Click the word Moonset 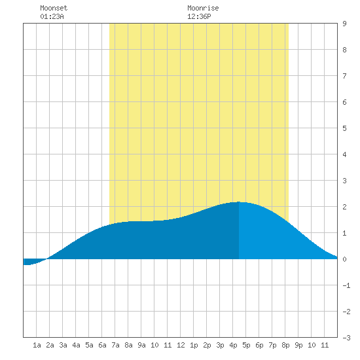(x=54, y=8)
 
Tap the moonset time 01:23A (x=52, y=16)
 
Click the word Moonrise (x=203, y=8)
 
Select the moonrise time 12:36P (x=199, y=16)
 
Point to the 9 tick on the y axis (x=344, y=24)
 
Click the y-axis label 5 (x=344, y=128)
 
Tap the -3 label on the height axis (x=346, y=338)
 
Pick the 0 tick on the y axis (x=344, y=259)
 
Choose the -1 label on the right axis (x=346, y=285)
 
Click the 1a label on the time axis (x=37, y=345)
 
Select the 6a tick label (x=102, y=345)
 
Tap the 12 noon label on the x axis (x=181, y=345)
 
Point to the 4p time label (x=233, y=345)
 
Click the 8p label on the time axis (x=285, y=345)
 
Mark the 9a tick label (x=141, y=345)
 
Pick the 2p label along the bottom (x=207, y=345)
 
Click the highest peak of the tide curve (x=239, y=202)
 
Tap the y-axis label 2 (x=344, y=207)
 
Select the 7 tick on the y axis (x=344, y=76)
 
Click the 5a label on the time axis (x=89, y=345)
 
